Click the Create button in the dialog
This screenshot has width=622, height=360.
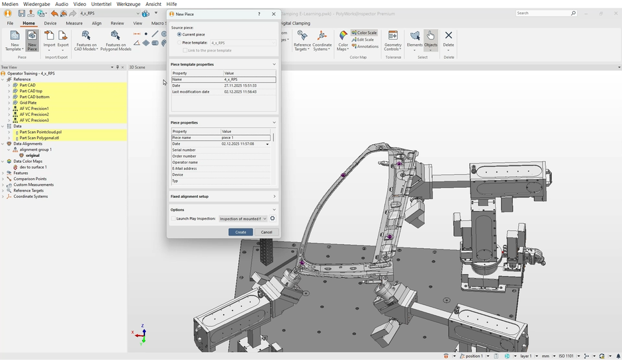(240, 232)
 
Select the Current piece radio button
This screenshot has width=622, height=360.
(179, 34)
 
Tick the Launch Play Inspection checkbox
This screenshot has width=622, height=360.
(173, 218)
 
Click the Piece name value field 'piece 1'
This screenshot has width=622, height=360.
(245, 138)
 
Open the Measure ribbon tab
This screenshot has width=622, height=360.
(74, 23)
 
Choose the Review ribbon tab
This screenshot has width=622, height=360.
(117, 23)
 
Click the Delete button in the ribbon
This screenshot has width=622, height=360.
(449, 39)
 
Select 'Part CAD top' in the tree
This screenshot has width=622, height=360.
(31, 91)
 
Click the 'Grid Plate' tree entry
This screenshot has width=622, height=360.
(28, 103)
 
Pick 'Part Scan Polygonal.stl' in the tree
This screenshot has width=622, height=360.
(39, 138)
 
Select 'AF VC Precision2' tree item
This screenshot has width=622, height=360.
(34, 114)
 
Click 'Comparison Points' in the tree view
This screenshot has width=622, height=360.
(30, 179)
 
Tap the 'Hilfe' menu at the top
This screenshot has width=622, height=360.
(171, 4)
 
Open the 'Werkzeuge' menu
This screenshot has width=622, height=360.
(128, 4)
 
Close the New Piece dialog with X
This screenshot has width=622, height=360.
(274, 14)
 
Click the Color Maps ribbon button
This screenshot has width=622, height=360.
(342, 40)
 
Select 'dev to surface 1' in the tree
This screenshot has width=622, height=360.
(33, 167)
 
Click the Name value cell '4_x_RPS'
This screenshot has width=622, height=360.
(249, 79)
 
